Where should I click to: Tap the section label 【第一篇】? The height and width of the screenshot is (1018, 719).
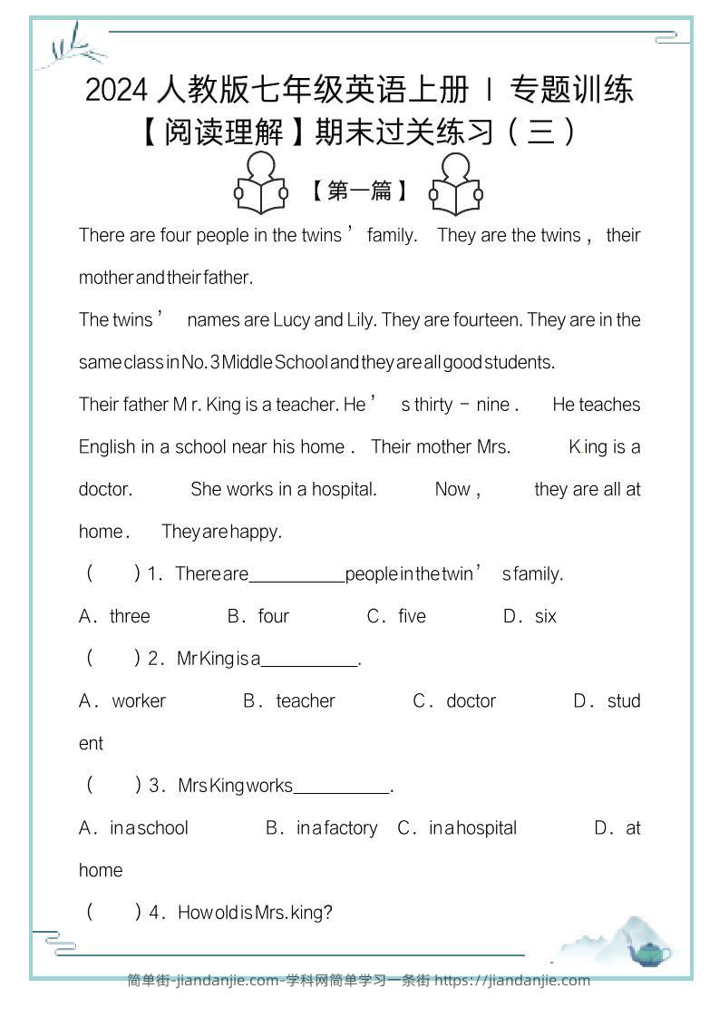358,191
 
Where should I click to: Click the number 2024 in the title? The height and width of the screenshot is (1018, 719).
117,90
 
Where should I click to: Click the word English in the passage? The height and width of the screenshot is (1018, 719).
106,446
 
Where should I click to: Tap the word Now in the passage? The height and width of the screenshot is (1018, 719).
452,489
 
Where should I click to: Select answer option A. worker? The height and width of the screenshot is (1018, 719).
122,700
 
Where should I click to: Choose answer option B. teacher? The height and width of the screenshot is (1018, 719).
289,700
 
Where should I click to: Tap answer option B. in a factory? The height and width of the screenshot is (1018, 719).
321,827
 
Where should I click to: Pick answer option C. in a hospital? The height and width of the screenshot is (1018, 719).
457,827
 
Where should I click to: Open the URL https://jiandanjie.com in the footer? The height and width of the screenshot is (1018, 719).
512,980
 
